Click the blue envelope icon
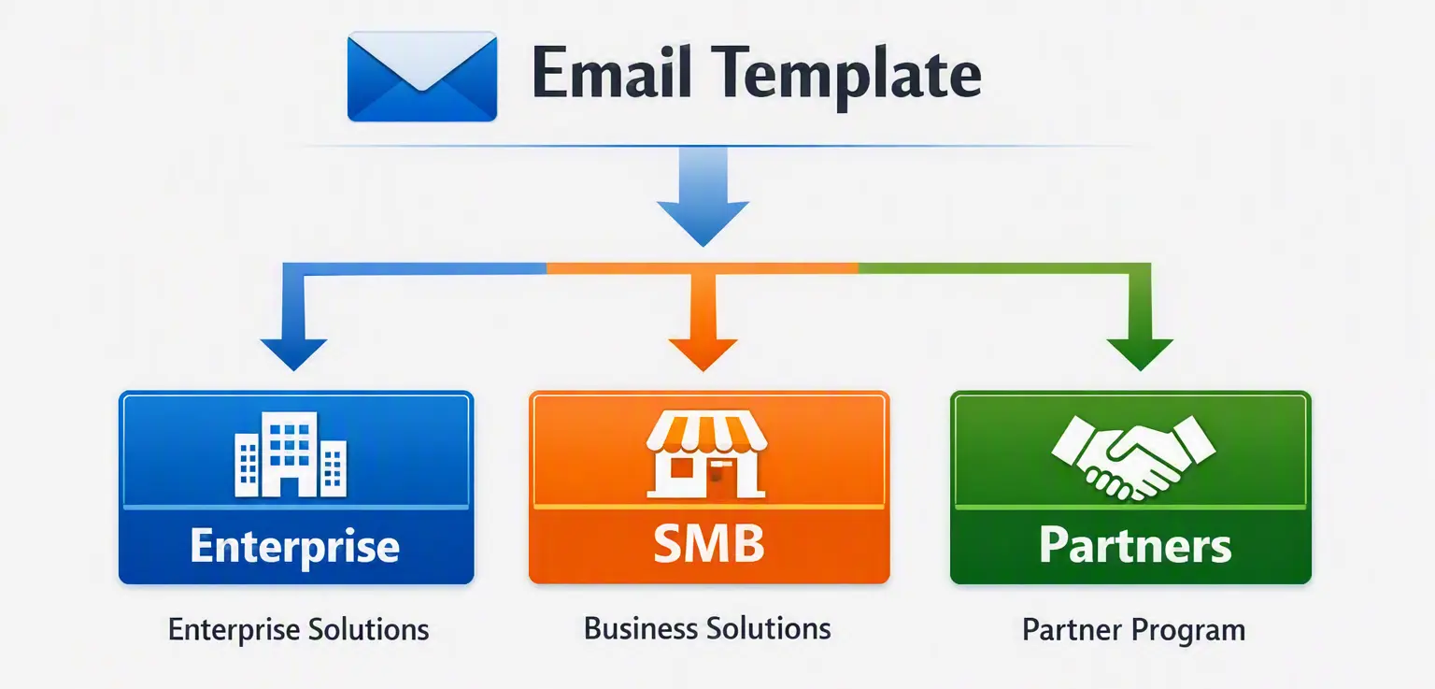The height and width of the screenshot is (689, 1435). tap(421, 77)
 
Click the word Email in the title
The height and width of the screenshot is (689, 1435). tap(612, 72)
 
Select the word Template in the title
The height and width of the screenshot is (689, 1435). tap(846, 77)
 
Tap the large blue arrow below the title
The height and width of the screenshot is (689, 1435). tap(703, 196)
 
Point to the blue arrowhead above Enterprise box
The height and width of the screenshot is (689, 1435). tap(293, 353)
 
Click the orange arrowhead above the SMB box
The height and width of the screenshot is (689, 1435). tap(703, 353)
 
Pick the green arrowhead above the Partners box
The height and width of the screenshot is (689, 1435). tap(1140, 353)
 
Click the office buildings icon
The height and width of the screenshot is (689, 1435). tap(291, 454)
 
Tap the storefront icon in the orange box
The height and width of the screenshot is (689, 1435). tap(706, 454)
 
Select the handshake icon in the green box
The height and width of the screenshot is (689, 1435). tap(1133, 457)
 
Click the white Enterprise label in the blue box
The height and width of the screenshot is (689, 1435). tap(294, 547)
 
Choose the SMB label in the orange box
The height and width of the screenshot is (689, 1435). tap(708, 543)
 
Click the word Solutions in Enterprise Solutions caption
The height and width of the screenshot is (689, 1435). tap(368, 629)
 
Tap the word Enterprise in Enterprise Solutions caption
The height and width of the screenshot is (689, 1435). tap(234, 631)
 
